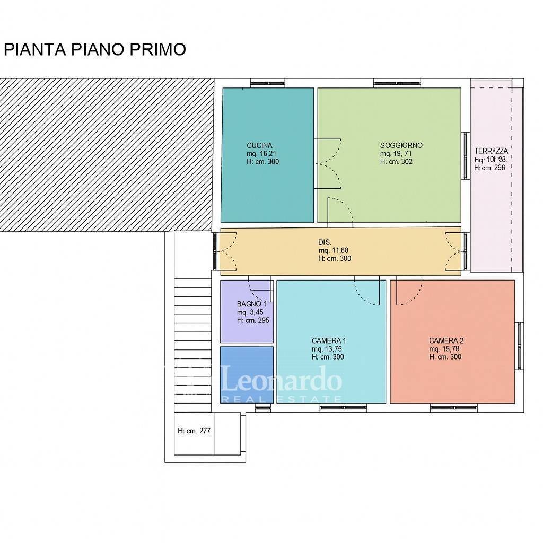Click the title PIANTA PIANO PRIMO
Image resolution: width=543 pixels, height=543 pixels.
click(95, 49)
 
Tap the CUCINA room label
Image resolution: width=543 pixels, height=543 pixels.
click(259, 145)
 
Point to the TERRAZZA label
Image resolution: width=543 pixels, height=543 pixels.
click(491, 151)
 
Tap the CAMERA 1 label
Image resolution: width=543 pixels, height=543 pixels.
click(329, 340)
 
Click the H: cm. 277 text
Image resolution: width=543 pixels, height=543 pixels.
click(194, 431)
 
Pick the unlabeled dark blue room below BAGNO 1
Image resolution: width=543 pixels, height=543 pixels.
click(247, 374)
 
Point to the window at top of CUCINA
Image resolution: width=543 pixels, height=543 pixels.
click(268, 83)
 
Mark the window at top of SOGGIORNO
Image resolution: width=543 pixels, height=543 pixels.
click(398, 83)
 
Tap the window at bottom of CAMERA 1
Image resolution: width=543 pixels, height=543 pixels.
click(343, 408)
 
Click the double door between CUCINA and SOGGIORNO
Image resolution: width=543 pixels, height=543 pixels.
click(329, 163)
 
